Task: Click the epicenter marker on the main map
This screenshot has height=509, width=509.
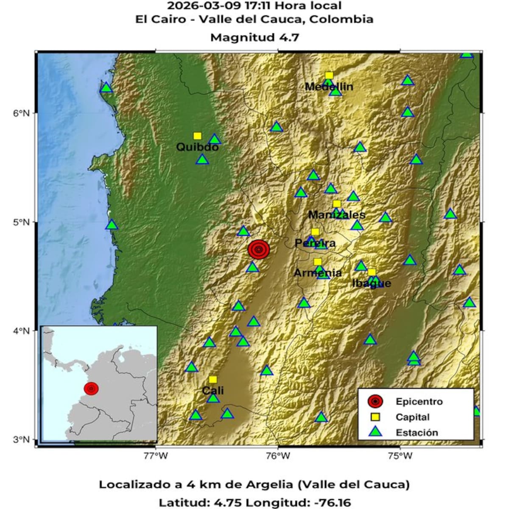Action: (259, 249)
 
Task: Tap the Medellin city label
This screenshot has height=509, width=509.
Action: (329, 87)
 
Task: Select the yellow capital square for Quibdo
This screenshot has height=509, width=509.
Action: (197, 136)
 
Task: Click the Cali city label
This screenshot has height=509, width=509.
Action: (213, 391)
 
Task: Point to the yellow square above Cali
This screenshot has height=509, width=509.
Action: (213, 379)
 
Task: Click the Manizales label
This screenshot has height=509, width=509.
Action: (336, 215)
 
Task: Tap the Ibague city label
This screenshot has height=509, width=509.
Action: (372, 283)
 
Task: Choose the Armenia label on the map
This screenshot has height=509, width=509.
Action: (318, 273)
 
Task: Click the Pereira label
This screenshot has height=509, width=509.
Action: (315, 243)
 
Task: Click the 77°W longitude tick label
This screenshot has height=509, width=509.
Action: (156, 456)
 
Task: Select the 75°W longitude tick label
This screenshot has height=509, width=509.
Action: (400, 456)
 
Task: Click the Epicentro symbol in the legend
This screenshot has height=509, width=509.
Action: (375, 401)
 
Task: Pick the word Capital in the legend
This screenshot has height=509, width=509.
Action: (412, 417)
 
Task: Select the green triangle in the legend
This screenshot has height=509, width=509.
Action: (375, 432)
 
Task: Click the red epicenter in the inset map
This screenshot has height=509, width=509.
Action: (91, 388)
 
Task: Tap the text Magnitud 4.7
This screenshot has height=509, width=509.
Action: (255, 38)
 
